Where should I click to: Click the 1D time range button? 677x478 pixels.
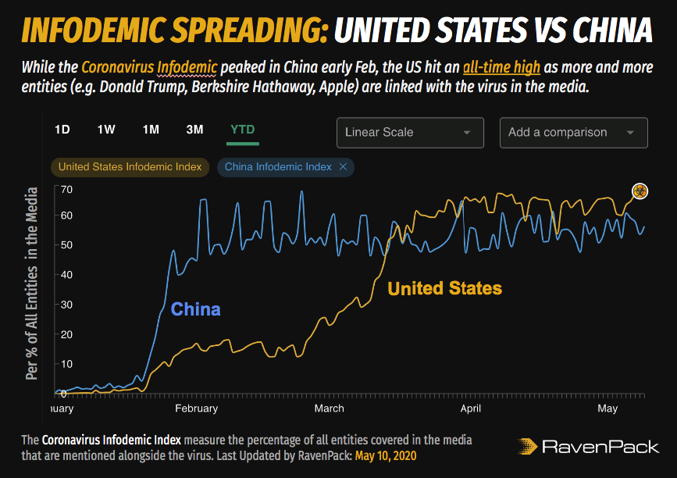(62, 130)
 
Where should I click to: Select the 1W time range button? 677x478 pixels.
(106, 130)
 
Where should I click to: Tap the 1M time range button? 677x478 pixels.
(151, 130)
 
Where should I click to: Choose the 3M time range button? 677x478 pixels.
(195, 130)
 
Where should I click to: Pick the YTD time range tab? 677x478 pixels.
(243, 130)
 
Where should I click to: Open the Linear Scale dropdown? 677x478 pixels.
(410, 133)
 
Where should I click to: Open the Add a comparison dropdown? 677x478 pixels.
(573, 133)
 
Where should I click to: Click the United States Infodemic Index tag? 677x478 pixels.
(130, 166)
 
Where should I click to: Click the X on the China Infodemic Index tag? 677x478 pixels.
(343, 166)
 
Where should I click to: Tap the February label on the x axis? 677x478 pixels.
(196, 408)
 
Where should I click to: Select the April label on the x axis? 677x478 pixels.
(470, 408)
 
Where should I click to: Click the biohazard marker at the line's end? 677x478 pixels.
(640, 191)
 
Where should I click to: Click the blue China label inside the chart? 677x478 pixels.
(195, 309)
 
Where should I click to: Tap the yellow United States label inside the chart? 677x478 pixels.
(444, 288)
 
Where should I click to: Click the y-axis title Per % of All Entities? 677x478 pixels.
(31, 283)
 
